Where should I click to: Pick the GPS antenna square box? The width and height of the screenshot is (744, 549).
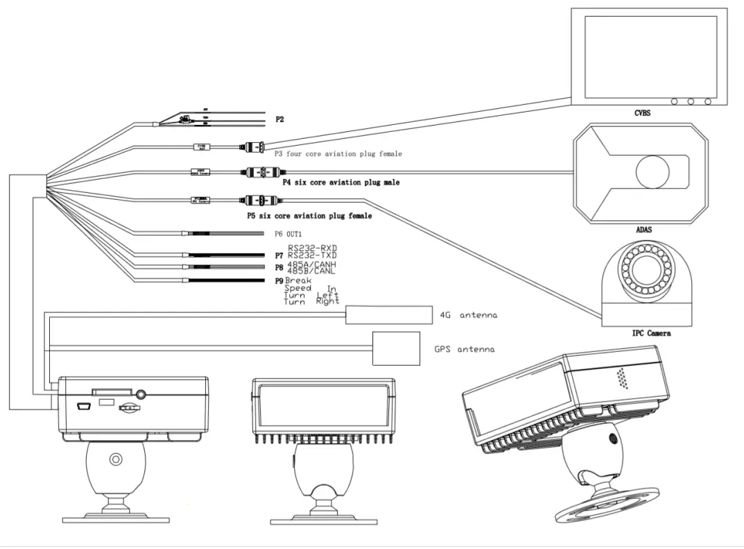397,348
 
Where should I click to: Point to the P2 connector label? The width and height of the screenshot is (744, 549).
279,119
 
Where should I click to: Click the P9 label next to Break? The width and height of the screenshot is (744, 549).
279,280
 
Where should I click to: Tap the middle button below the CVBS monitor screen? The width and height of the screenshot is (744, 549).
691,101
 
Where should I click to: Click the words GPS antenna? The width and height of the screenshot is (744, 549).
465,349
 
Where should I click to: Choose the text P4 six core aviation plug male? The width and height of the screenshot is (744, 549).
340,183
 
